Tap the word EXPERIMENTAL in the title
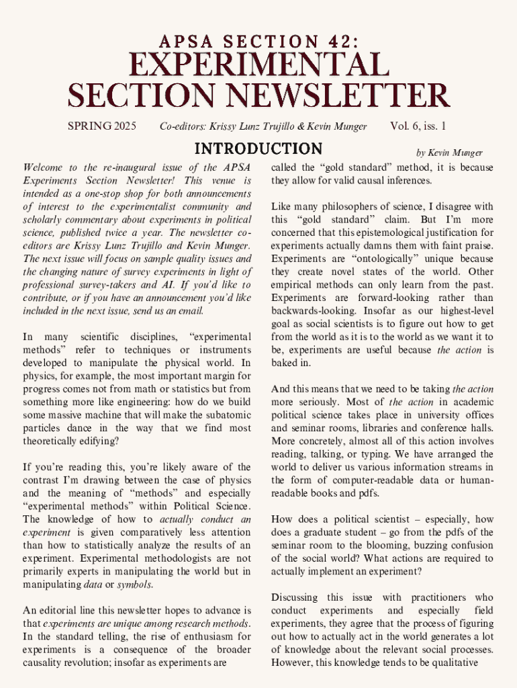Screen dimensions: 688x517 (258, 66)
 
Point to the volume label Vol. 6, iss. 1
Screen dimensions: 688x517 (418, 126)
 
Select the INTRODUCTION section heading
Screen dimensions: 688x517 (258, 148)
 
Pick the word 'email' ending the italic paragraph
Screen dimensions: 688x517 (191, 311)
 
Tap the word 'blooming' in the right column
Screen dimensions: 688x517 (383, 546)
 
